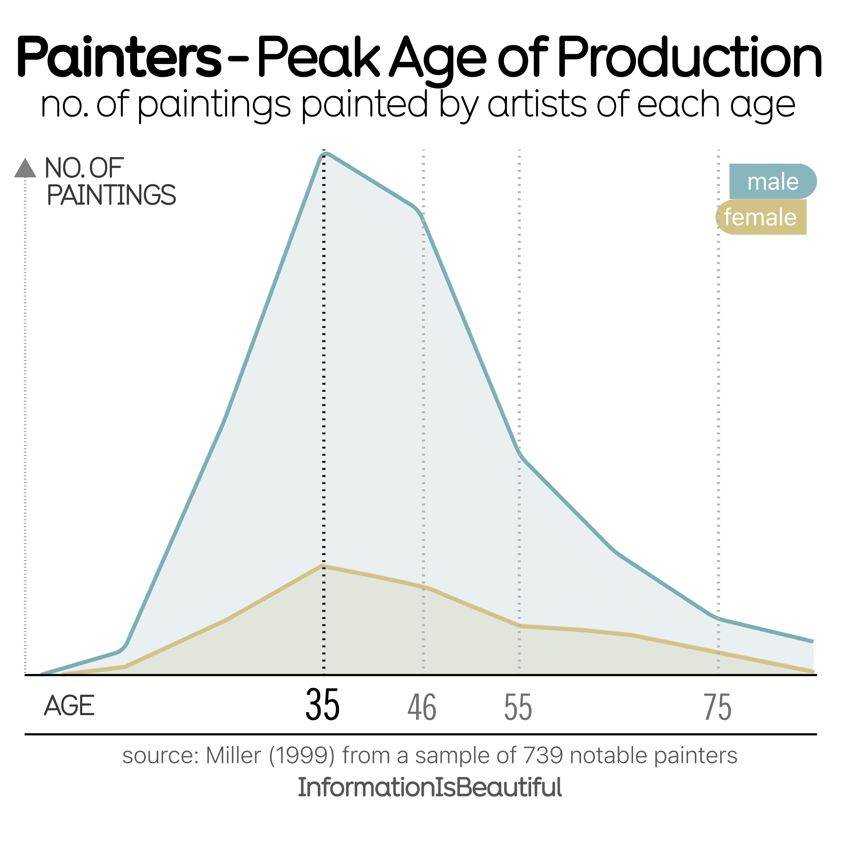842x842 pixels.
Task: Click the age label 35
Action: coord(322,706)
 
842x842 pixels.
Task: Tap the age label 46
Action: coord(422,707)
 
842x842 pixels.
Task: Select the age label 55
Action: coord(518,707)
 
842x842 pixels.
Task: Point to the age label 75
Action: coord(717,707)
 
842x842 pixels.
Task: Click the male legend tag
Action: coord(772,181)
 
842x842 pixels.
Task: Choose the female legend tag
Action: coord(761,217)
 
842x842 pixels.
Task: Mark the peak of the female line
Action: coord(323,566)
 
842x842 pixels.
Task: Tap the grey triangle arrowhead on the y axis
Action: coord(25,168)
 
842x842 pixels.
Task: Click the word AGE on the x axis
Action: coord(69,706)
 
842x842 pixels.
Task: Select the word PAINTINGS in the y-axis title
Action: coord(111,195)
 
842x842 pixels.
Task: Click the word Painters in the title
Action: coord(118,58)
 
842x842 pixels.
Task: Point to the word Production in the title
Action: coord(690,58)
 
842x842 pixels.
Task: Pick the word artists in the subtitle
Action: coord(537,104)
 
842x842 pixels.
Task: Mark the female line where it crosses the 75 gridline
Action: coord(718,653)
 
